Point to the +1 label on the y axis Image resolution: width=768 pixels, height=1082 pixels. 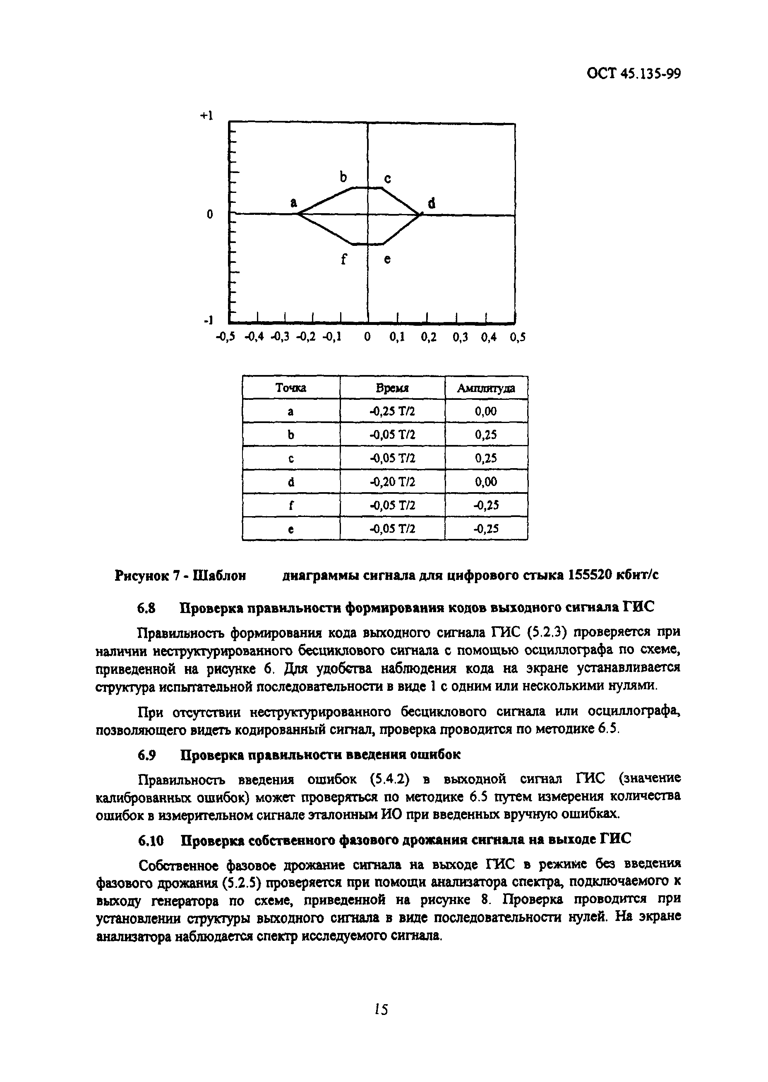[206, 116]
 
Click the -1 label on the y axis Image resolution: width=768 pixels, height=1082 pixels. [208, 320]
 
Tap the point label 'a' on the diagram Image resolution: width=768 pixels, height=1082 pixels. [294, 202]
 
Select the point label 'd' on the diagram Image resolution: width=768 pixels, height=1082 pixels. [431, 203]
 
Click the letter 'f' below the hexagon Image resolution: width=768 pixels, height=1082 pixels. [344, 259]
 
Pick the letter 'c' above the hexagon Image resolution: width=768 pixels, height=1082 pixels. [387, 179]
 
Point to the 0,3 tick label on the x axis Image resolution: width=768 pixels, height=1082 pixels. [460, 337]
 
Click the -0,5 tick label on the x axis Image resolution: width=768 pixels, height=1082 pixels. [225, 337]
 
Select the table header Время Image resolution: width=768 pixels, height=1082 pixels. [392, 388]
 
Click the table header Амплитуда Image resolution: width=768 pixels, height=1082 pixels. [486, 388]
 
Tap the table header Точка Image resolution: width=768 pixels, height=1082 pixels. [291, 388]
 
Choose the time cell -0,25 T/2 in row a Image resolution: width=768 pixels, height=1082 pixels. [392, 411]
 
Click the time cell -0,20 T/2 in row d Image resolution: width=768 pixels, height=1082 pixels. [392, 482]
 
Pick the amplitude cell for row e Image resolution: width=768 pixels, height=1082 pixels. [486, 529]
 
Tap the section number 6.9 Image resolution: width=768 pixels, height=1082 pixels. [146, 755]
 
